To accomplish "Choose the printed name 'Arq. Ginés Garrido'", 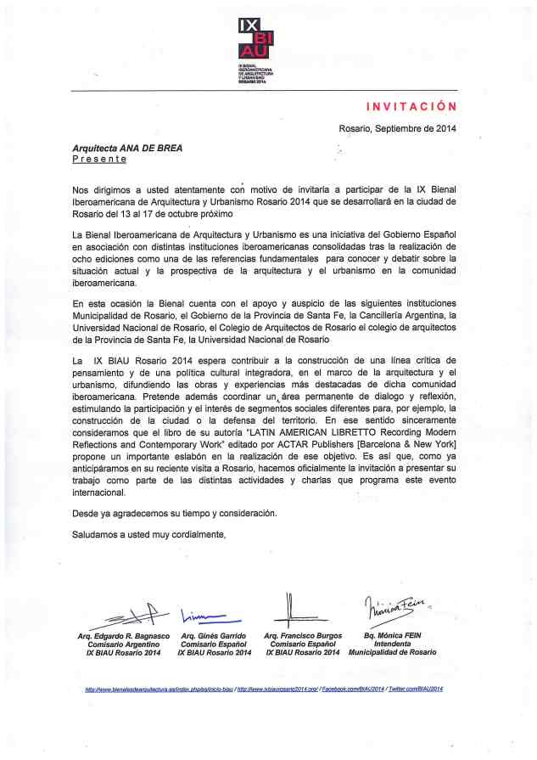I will point(214,636).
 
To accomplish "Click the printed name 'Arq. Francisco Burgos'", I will point(303,636).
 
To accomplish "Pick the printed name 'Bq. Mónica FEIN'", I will point(393,636).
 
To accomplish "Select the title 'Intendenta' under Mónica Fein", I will point(393,645).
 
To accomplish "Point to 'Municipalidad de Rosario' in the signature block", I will point(393,653).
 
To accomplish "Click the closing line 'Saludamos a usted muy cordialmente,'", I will point(149,534).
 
